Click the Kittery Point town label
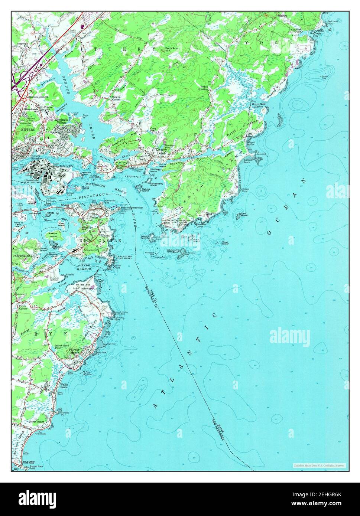click(161, 151)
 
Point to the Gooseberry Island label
click(156, 184)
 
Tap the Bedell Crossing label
click(202, 88)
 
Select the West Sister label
click(225, 244)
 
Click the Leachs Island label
click(53, 235)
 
